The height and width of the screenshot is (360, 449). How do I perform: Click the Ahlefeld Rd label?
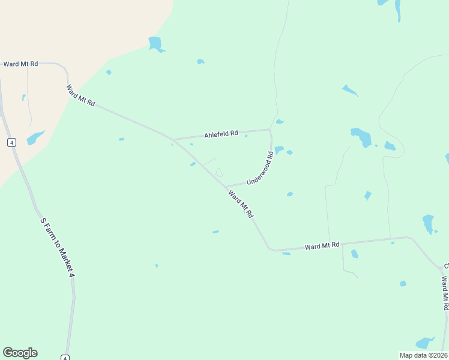click(x=221, y=134)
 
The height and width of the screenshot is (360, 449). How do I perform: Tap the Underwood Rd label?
click(x=260, y=167)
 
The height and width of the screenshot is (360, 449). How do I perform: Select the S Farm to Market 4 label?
click(x=57, y=247)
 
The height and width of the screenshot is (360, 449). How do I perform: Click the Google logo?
click(x=20, y=353)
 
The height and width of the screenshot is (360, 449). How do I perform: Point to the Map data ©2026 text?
click(x=423, y=355)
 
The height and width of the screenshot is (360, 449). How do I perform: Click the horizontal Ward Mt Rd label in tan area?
click(x=20, y=64)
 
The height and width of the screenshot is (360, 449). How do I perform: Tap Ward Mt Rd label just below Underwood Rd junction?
click(x=240, y=204)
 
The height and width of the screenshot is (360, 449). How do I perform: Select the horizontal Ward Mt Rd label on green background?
click(x=322, y=245)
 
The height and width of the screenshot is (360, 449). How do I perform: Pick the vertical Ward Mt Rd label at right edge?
click(x=445, y=293)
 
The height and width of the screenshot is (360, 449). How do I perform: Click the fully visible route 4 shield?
click(x=11, y=142)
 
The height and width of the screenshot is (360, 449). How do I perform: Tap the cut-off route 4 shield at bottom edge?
click(x=65, y=358)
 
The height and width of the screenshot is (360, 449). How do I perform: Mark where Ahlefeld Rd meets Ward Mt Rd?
click(x=173, y=140)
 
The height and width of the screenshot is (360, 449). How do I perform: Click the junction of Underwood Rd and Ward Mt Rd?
click(x=226, y=187)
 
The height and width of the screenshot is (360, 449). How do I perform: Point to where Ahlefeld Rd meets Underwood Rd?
click(x=270, y=129)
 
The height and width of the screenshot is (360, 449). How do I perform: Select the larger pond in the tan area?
click(x=35, y=137)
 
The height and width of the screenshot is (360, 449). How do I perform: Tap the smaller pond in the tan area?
click(x=23, y=97)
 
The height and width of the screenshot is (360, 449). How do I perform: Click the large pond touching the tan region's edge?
click(x=155, y=44)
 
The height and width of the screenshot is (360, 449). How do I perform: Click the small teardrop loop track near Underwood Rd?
click(x=218, y=173)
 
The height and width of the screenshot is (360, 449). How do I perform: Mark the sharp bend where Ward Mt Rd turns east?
click(x=271, y=248)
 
